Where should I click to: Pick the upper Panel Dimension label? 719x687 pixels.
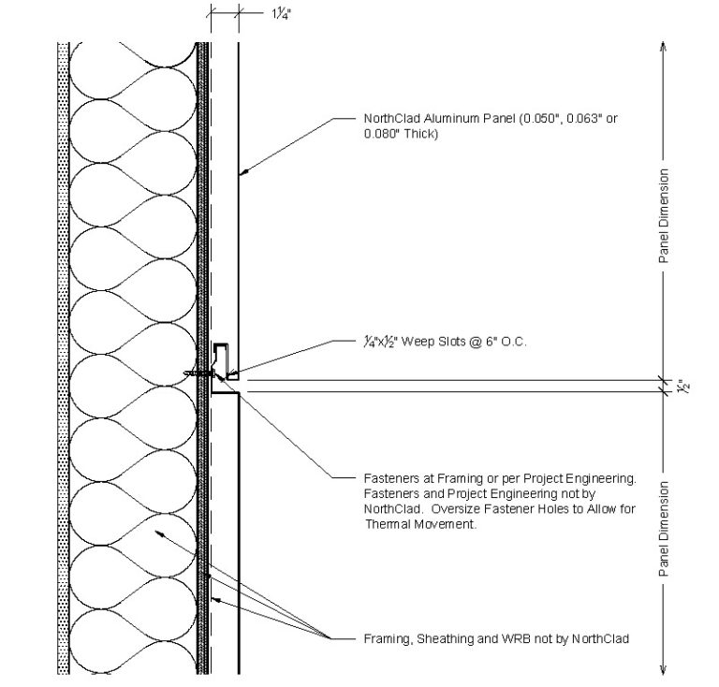[663, 215]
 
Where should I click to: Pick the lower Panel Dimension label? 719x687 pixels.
[663, 528]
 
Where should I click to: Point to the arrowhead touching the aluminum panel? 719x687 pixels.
[242, 172]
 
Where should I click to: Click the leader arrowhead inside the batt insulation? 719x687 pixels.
[158, 532]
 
